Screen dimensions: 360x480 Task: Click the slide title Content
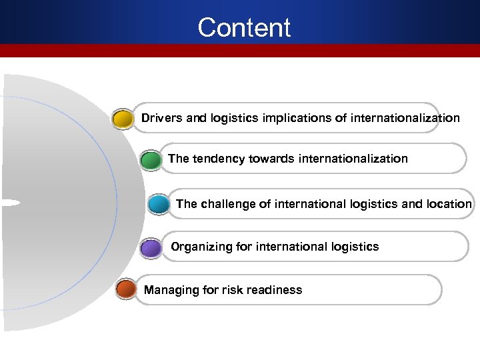tap(244, 28)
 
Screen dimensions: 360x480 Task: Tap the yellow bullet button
tap(123, 120)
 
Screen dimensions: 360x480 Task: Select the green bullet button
tap(151, 161)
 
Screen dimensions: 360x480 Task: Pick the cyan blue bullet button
tap(159, 203)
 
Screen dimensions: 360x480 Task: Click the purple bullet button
tap(152, 248)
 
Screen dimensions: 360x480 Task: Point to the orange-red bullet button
tap(125, 289)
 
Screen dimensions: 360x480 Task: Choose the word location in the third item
tap(447, 204)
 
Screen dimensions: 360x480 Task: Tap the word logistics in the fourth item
tap(355, 247)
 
